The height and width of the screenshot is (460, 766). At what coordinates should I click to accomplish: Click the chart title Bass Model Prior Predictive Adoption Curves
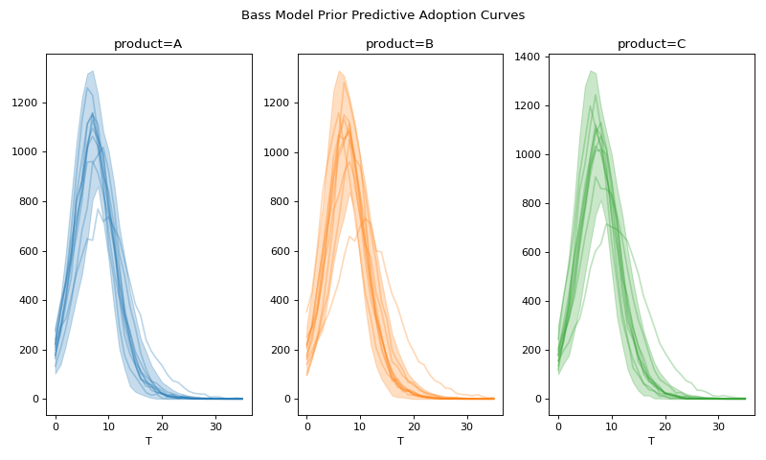[383, 15]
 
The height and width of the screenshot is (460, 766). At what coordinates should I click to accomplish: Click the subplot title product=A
[147, 44]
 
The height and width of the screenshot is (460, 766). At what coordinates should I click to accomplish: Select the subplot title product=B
[399, 44]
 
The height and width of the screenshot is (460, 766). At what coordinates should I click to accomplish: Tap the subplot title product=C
[651, 44]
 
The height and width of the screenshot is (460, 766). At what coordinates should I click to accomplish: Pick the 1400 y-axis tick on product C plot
[530, 56]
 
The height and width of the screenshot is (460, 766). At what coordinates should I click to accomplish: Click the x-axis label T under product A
[148, 441]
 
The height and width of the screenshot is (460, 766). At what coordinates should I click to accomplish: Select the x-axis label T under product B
[400, 441]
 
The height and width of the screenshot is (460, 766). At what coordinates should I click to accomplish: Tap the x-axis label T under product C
[651, 441]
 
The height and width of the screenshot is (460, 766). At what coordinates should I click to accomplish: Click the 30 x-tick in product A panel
[215, 425]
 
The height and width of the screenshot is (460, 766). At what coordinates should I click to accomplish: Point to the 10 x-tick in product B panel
[360, 425]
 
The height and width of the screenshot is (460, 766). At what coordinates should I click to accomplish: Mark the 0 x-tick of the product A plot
[56, 425]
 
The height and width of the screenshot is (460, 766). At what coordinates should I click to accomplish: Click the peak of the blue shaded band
[91, 72]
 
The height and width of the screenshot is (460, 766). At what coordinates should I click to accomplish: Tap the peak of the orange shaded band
[339, 71]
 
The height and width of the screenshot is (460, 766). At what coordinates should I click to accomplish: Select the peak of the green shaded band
[591, 71]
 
